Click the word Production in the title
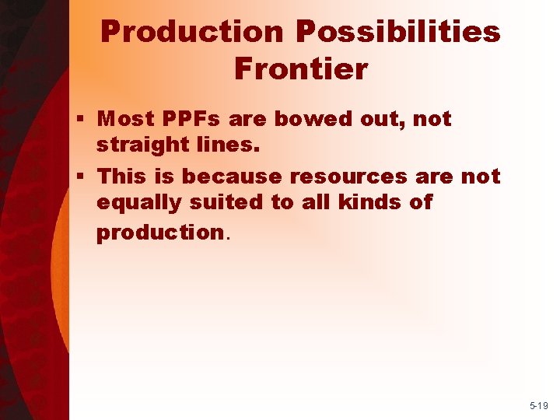pos(193,32)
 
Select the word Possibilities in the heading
pos(397,32)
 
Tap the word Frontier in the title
pos(300,69)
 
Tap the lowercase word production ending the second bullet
pos(159,233)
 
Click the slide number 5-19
pos(537,405)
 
